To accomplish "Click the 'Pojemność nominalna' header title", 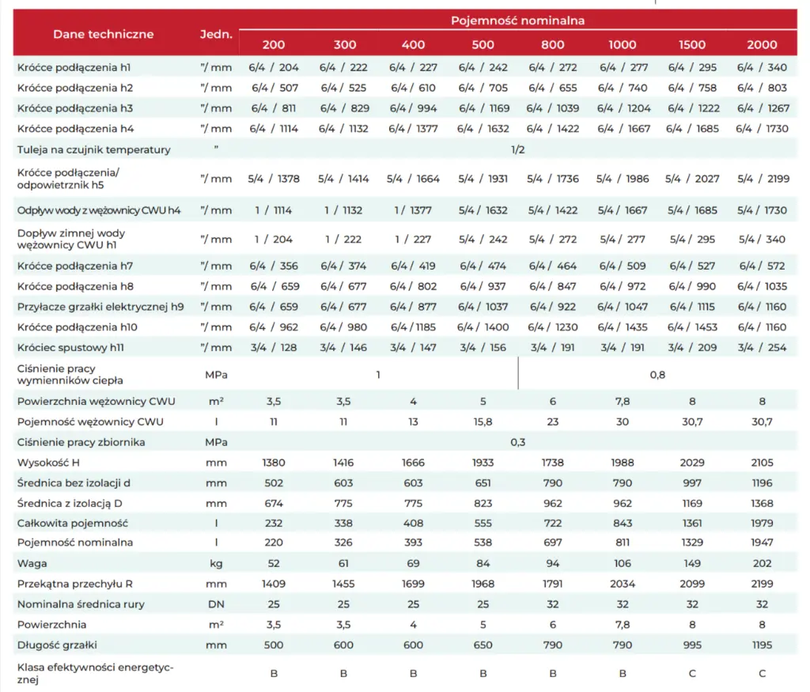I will tap(517, 21).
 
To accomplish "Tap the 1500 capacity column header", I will tap(692, 44).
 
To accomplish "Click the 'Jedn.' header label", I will tap(216, 34).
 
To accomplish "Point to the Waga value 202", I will tap(762, 563).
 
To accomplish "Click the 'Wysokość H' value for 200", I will tap(274, 462).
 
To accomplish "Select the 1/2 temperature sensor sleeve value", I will tap(517, 149).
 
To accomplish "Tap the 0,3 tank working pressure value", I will tap(517, 442).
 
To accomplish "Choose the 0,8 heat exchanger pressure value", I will tap(657, 374).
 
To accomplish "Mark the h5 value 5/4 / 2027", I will tap(692, 179).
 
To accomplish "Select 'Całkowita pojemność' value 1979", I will tap(762, 523).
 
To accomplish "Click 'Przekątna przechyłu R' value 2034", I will tap(623, 584).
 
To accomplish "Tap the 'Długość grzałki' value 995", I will tap(692, 645).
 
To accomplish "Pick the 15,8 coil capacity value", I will tap(483, 422).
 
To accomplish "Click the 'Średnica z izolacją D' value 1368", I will tap(762, 502).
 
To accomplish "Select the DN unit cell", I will tap(216, 604).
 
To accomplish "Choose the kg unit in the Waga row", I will tap(216, 563).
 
